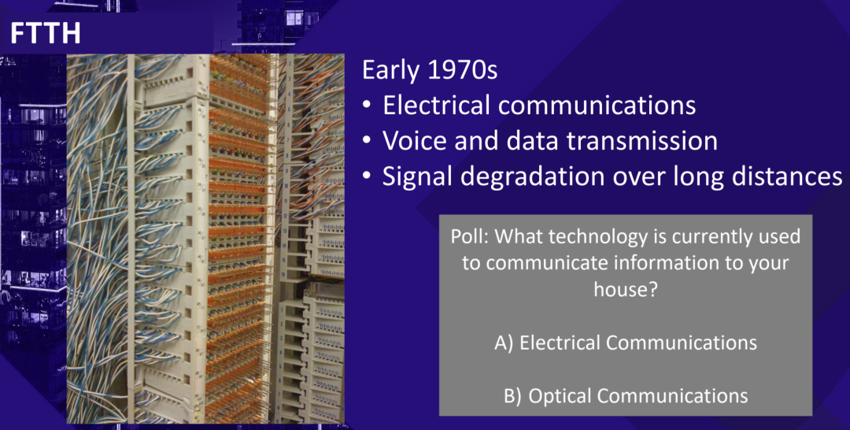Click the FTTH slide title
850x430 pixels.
pyautogui.click(x=46, y=34)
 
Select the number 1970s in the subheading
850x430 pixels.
pyautogui.click(x=463, y=70)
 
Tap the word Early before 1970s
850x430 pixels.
pyautogui.click(x=392, y=71)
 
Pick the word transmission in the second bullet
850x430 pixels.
pyautogui.click(x=642, y=140)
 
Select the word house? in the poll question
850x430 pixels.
pyautogui.click(x=626, y=289)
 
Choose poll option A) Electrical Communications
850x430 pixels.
pyautogui.click(x=626, y=343)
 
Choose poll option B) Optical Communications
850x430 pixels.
pyautogui.click(x=626, y=396)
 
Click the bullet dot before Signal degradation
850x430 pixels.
pyautogui.click(x=367, y=177)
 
